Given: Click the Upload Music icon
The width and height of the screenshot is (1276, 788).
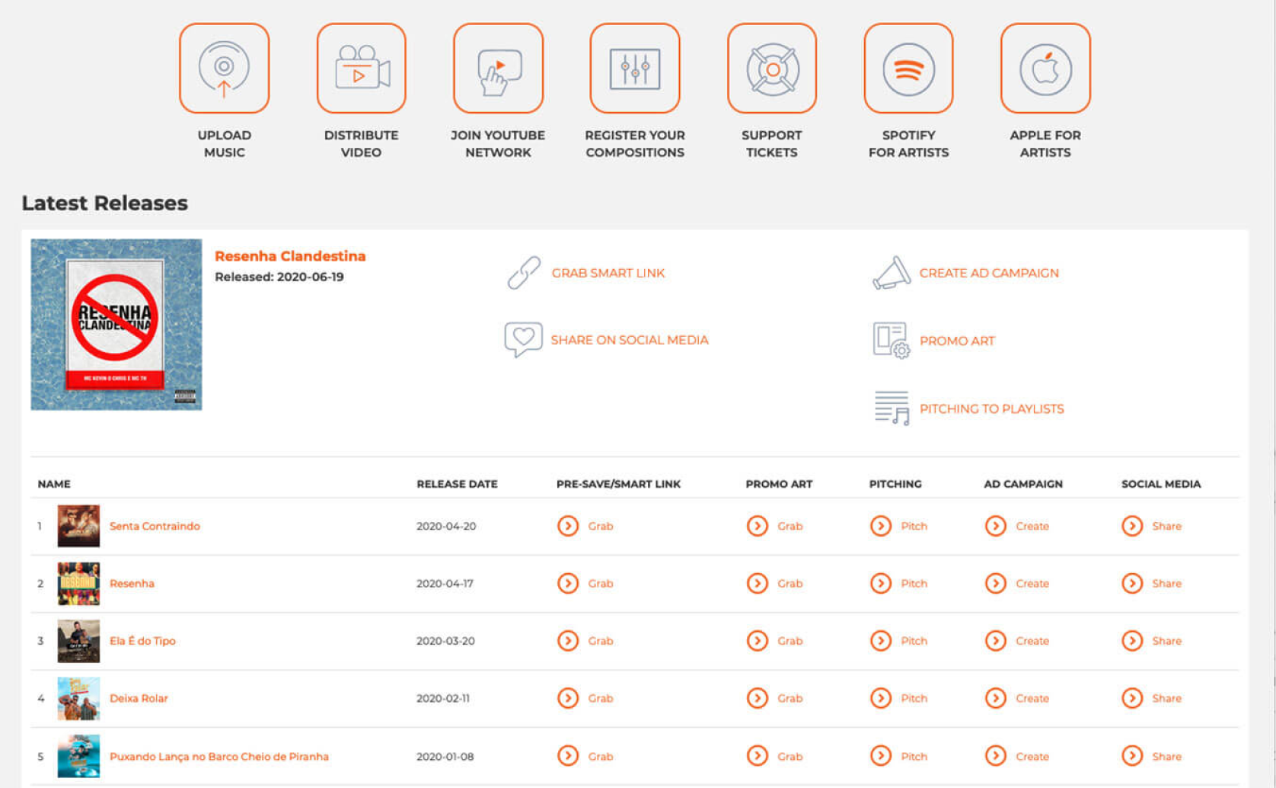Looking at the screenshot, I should (x=224, y=69).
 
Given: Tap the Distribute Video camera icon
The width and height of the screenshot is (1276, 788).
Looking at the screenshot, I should (x=361, y=69).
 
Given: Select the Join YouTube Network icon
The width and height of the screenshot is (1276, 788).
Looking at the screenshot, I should (x=498, y=69).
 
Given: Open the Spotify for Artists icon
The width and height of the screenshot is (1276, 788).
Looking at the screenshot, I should (x=908, y=69).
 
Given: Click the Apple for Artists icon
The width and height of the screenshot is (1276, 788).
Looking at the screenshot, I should (x=1045, y=69).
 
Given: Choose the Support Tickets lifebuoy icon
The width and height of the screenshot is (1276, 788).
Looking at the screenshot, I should (x=772, y=69).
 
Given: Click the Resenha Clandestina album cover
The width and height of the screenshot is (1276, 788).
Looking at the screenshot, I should (x=116, y=325).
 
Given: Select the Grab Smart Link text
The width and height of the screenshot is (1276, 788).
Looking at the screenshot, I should (x=608, y=273).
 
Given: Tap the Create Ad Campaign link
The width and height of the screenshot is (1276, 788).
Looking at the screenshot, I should (x=988, y=273).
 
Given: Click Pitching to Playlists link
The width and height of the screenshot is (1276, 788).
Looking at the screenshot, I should (x=991, y=409).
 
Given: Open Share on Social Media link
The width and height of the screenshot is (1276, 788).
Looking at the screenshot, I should (x=629, y=340).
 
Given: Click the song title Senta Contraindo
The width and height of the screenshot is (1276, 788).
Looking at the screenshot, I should (x=155, y=526).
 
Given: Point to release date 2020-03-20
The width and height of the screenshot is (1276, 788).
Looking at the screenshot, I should (x=445, y=641).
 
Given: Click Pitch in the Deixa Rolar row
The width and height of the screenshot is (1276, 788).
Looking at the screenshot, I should (x=914, y=698).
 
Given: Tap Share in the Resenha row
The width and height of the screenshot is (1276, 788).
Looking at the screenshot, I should (x=1166, y=584).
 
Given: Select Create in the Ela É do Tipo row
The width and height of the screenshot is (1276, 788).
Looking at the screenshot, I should (x=1032, y=641).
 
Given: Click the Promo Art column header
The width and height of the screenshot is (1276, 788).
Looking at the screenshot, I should (x=779, y=484).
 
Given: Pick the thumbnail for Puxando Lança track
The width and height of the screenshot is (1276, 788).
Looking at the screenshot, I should (x=78, y=756).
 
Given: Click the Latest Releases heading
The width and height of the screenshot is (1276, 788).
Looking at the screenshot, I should (x=105, y=203).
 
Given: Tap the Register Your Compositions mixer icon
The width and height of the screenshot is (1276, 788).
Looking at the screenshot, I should (x=635, y=69).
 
